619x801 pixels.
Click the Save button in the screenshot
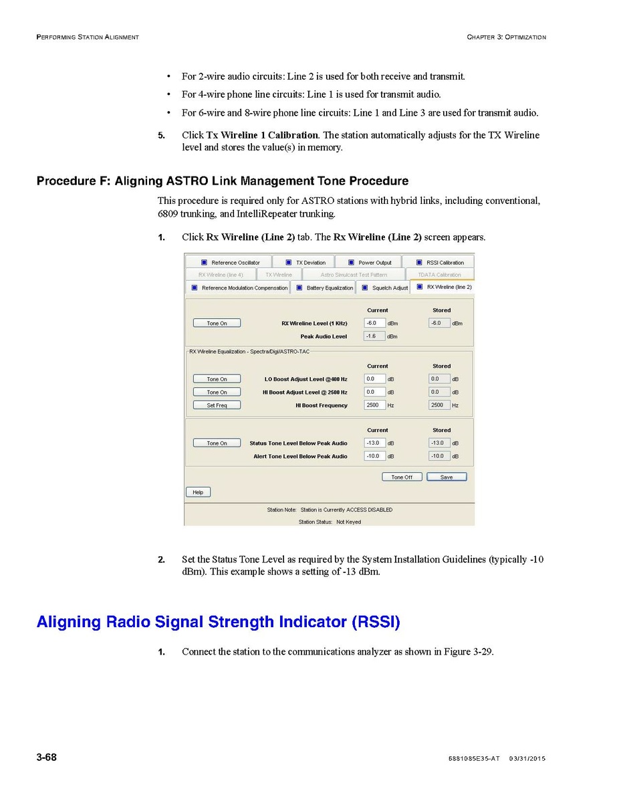point(447,477)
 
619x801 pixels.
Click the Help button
point(198,492)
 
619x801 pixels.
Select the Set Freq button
point(217,405)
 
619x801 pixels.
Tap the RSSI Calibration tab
point(441,263)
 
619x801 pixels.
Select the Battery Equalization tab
point(325,288)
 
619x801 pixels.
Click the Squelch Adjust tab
point(385,288)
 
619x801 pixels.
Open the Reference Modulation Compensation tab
point(239,288)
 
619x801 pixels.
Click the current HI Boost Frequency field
point(374,405)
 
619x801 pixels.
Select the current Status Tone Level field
point(374,443)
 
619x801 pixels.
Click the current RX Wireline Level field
point(374,323)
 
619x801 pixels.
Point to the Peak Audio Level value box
point(374,336)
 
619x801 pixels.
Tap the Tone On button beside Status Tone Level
point(217,443)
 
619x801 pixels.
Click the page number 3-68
point(46,757)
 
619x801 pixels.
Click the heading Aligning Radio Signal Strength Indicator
point(218,622)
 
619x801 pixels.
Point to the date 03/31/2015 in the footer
point(527,758)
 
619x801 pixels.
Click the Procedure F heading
point(222,181)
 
